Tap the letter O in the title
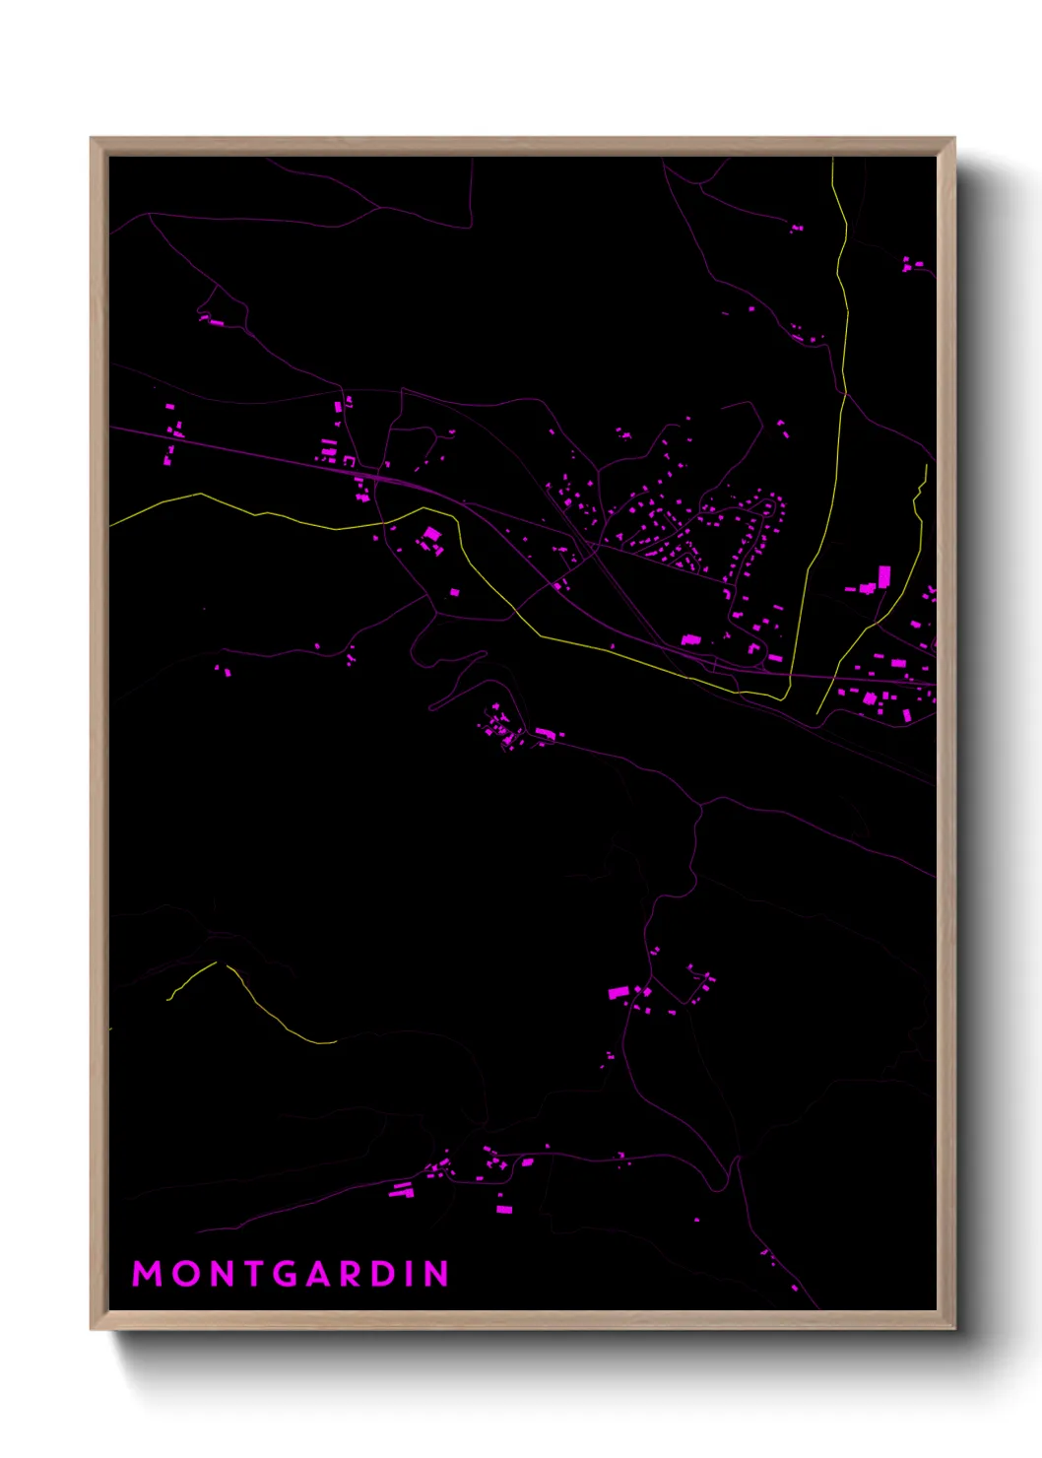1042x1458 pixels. tap(184, 1274)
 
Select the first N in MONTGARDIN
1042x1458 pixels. tap(222, 1274)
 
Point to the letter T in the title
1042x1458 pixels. tap(254, 1274)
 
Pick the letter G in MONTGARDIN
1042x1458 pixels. tap(287, 1274)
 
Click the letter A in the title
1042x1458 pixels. tap(322, 1274)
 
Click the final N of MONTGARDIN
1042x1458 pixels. tap(437, 1274)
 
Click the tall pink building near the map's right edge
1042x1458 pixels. tap(883, 576)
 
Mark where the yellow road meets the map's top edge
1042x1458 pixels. tap(833, 159)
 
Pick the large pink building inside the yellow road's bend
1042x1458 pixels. tap(431, 535)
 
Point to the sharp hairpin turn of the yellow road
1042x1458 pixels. tap(785, 697)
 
